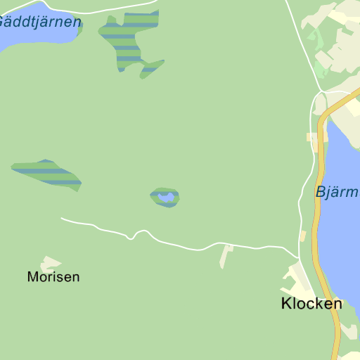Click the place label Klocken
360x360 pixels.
[x=311, y=304]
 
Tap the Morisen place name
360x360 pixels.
[x=53, y=277]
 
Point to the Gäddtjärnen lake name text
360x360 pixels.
[x=39, y=22]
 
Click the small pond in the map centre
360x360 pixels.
[x=167, y=198]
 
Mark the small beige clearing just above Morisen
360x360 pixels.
[x=51, y=263]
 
